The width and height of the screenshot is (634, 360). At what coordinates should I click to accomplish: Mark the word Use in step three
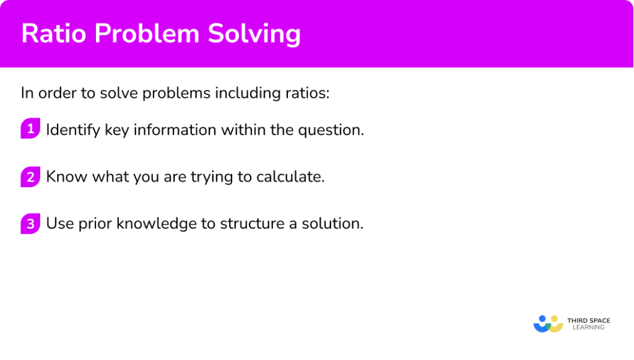tap(60, 223)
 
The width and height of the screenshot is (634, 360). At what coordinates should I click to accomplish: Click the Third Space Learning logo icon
tap(547, 324)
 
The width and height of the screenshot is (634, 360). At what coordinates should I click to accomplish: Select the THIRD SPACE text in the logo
tap(588, 320)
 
